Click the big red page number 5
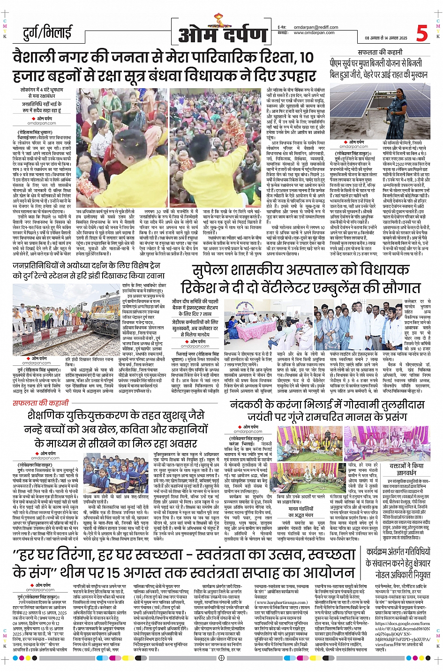point(422,33)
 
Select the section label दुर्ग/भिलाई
point(47,33)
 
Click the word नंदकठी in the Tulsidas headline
point(248,405)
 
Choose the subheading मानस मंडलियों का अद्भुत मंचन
point(300,511)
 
